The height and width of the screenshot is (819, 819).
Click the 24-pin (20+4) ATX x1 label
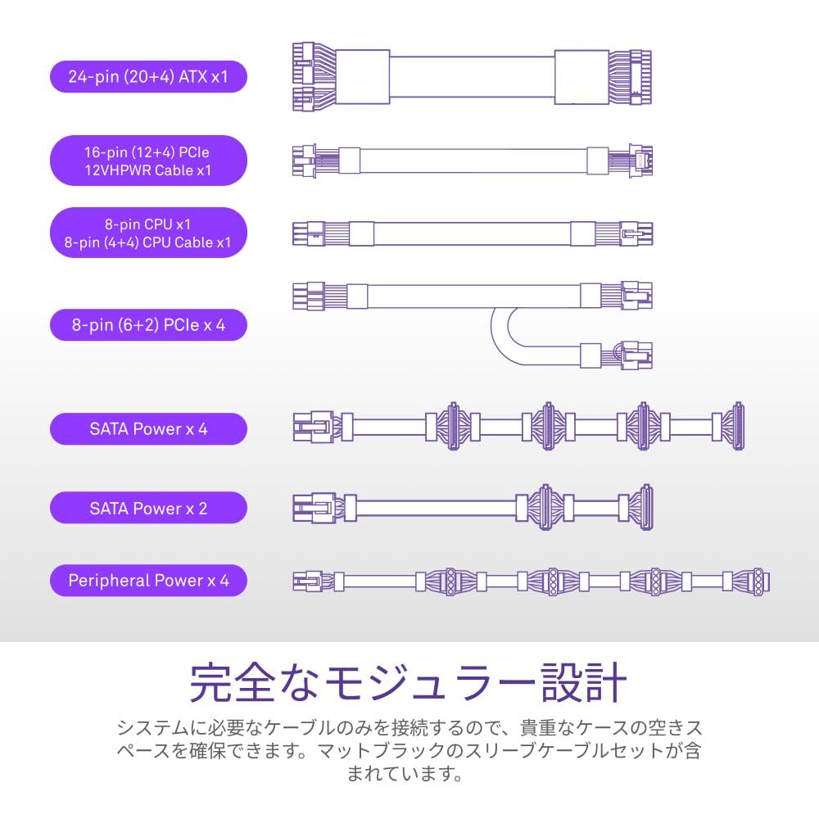pos(148,77)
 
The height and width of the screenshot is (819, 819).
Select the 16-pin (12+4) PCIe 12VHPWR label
pos(148,161)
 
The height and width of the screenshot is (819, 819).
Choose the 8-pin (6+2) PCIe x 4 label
pos(148,325)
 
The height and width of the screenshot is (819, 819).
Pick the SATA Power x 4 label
pos(148,429)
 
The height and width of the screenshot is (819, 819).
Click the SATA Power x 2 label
pos(148,508)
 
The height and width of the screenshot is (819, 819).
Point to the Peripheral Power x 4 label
pos(148,581)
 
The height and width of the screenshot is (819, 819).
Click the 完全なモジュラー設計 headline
pos(409,682)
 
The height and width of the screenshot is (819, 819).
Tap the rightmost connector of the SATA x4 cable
pos(738,427)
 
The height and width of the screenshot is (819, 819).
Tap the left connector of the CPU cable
pos(308,233)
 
